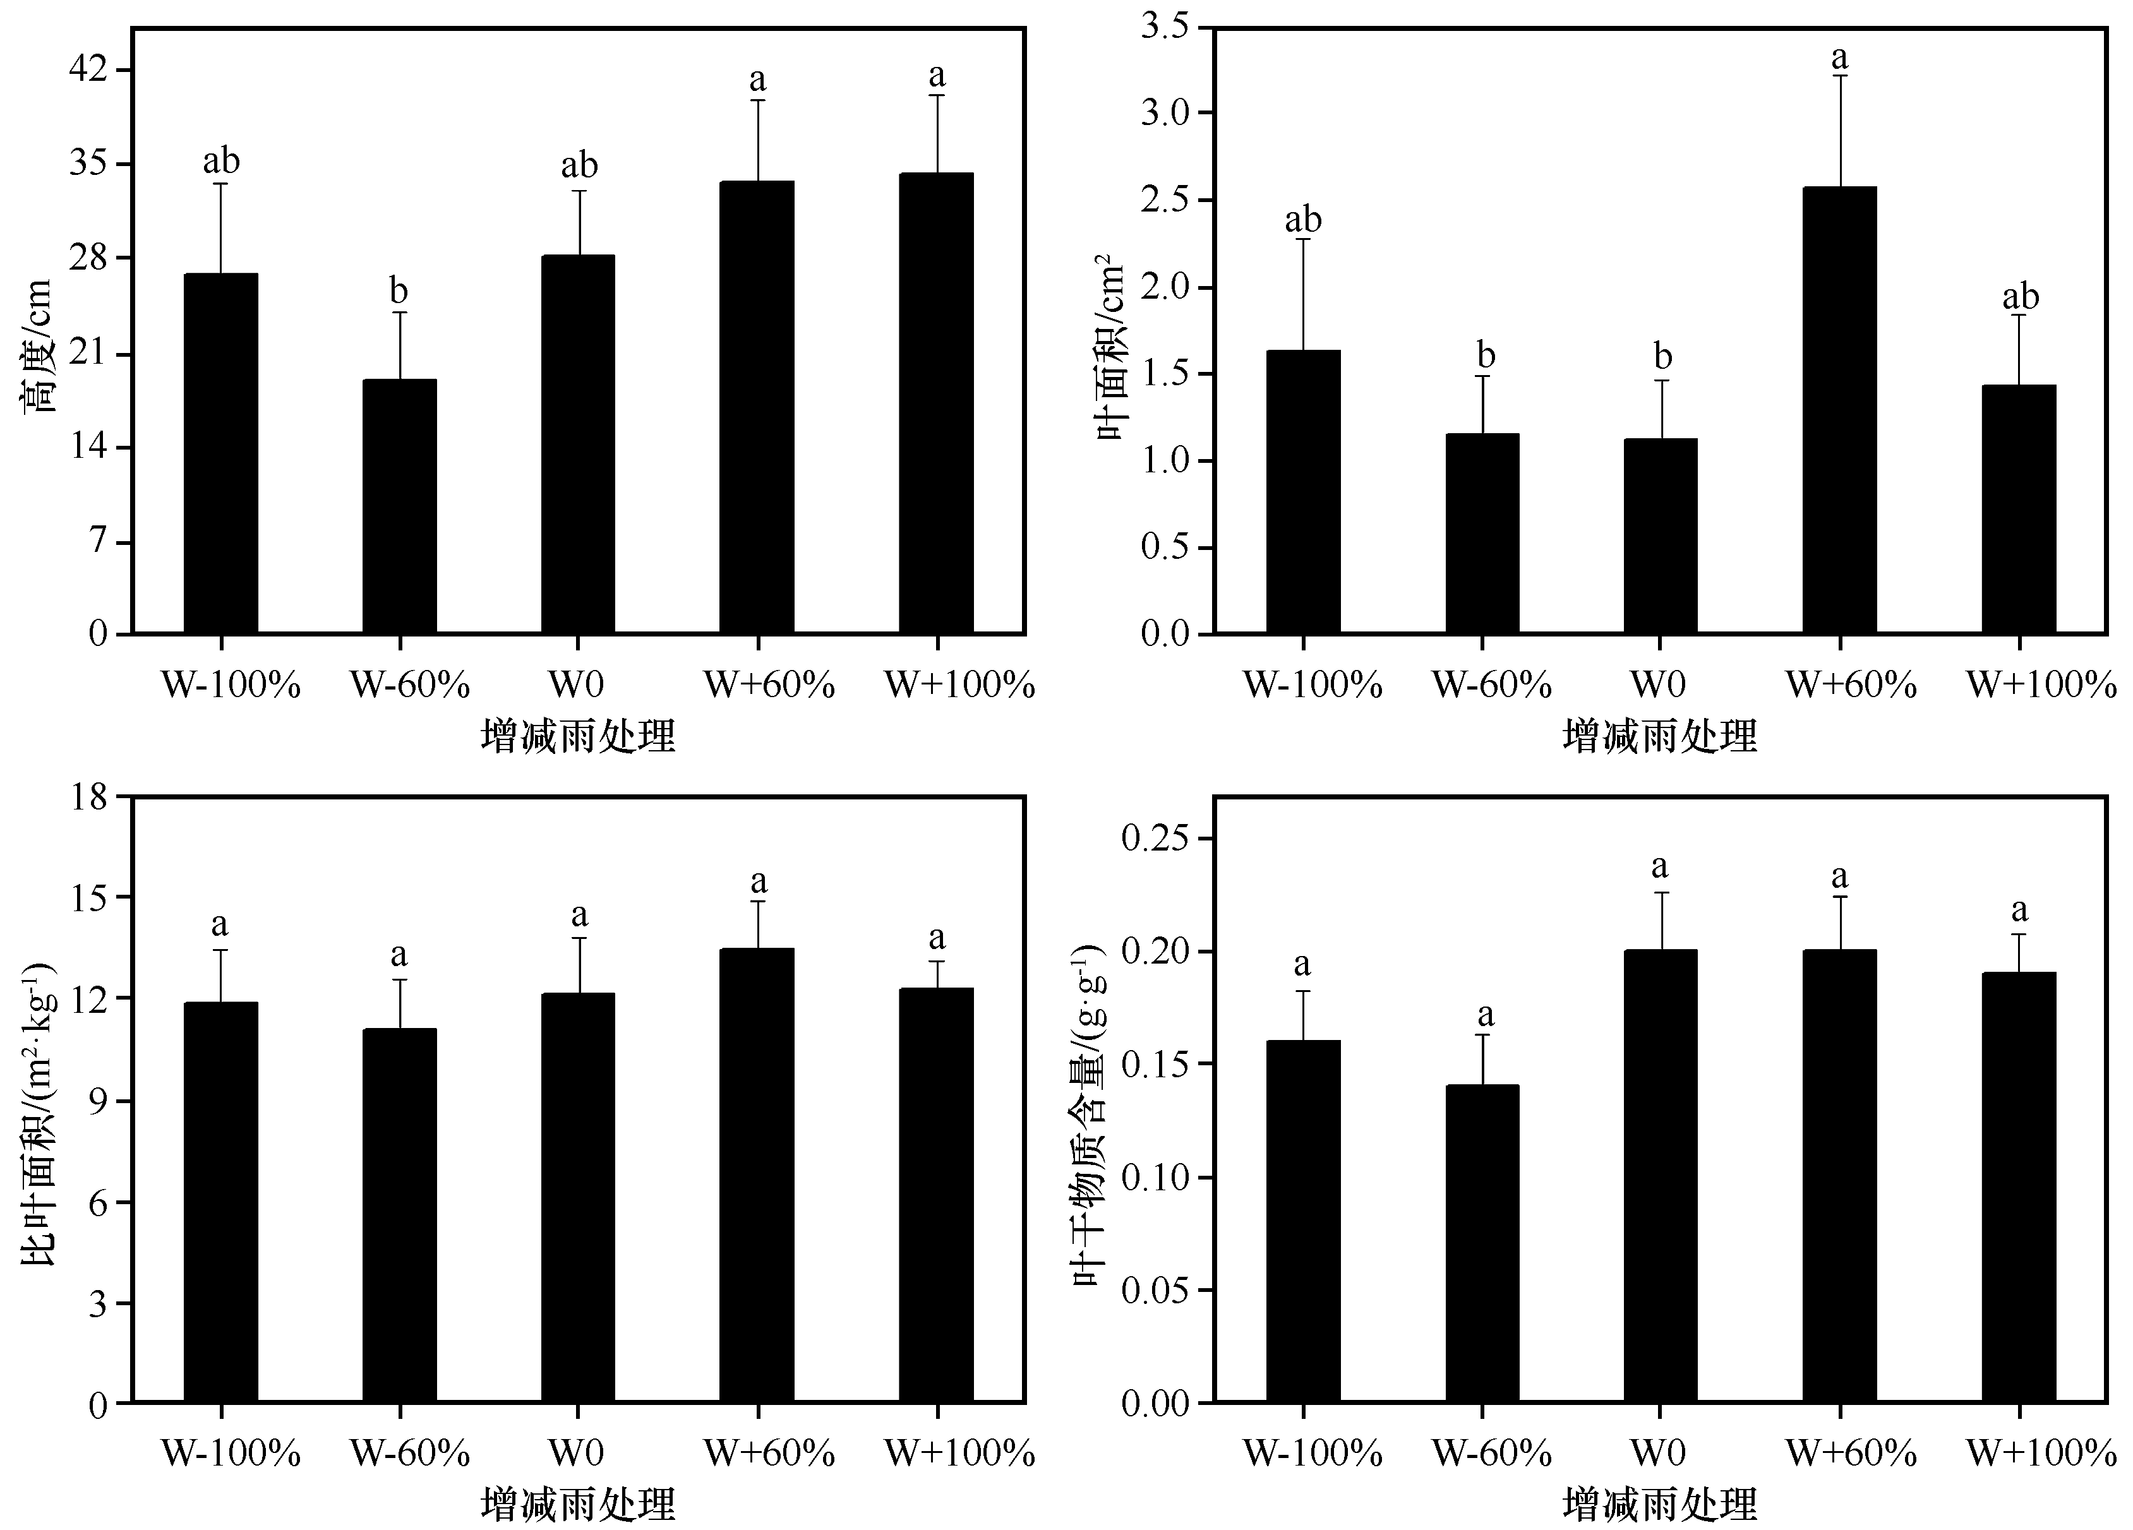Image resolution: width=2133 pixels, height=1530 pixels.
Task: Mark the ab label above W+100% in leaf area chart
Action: [2019, 297]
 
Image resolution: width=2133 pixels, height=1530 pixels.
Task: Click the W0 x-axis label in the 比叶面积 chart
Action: [577, 1454]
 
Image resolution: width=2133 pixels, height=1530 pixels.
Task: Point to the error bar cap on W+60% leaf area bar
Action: [1839, 75]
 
